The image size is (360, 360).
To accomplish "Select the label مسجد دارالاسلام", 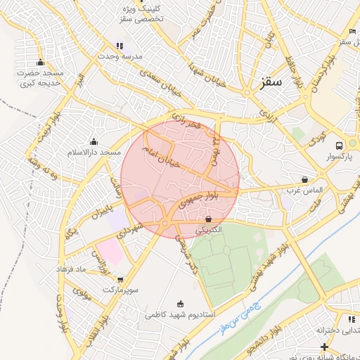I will point(94,153).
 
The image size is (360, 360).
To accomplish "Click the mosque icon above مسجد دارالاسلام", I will point(94,141).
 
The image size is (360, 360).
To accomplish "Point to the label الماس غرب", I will point(304,190).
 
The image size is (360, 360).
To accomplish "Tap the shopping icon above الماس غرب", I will point(304,179).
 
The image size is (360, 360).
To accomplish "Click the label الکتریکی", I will point(208,230).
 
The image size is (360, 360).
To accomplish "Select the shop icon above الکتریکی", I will point(208,219).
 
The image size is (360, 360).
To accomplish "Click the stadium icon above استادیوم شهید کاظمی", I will point(180,304).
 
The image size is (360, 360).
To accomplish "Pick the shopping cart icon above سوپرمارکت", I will point(120,279).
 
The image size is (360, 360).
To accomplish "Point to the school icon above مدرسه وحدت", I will point(120,46).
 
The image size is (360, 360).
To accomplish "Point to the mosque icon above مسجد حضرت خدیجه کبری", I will point(40,62).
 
